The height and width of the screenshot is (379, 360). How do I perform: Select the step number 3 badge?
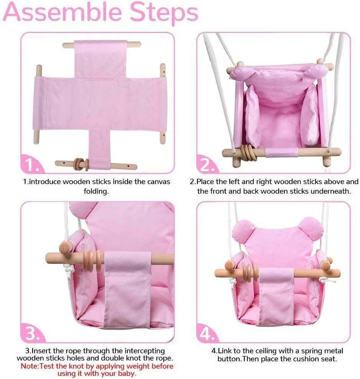pos(32,333)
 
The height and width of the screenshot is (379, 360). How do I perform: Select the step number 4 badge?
pos(207,333)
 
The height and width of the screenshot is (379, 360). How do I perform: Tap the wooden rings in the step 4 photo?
pos(248,273)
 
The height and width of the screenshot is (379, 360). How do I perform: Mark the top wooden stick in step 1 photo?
pos(102,44)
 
